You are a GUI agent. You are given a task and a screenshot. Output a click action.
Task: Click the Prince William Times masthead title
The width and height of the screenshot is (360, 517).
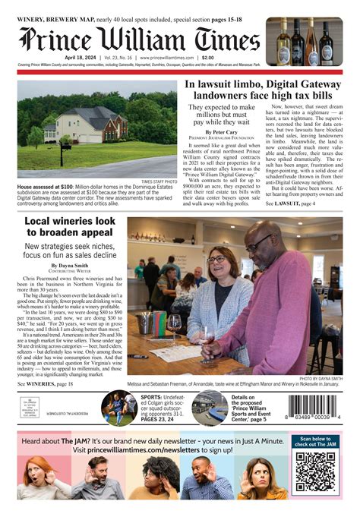pos(140,38)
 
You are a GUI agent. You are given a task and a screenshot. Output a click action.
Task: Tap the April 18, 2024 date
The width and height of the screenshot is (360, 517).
pos(80,58)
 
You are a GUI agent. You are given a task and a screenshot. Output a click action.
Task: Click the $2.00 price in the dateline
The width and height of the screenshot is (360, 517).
pos(208,58)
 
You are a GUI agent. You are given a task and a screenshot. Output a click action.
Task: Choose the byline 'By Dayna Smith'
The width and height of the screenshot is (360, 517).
pos(69,264)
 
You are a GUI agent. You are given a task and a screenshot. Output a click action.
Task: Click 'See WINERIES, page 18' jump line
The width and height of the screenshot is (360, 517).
pos(46,385)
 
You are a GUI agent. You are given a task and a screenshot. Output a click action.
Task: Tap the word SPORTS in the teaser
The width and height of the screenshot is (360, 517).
pos(151,397)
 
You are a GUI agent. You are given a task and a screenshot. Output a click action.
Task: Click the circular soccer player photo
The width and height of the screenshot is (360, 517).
pos(119,408)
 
